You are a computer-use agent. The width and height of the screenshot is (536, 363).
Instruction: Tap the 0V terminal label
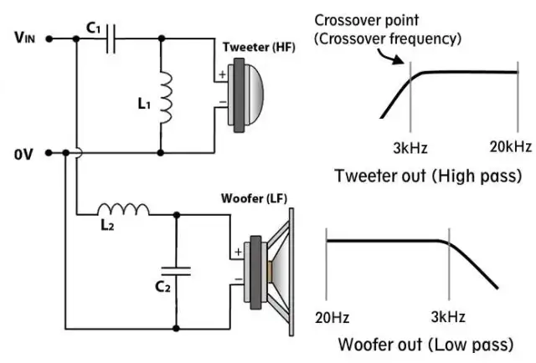click(23, 153)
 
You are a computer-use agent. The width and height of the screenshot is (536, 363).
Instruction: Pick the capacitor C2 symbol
click(176, 269)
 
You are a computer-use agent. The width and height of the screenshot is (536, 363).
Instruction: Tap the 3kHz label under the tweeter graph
click(410, 148)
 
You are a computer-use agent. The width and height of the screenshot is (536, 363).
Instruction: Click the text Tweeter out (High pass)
click(427, 176)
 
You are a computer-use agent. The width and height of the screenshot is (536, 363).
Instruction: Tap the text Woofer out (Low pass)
click(430, 345)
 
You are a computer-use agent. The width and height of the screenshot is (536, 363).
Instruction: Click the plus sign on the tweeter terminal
click(223, 75)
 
